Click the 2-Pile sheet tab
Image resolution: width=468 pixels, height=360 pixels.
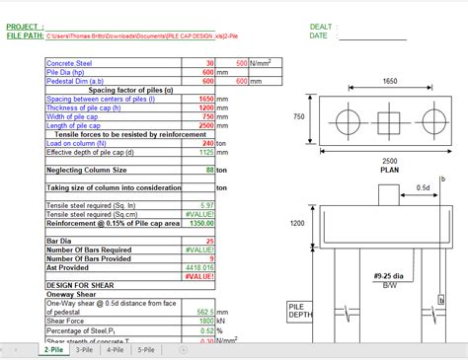coord(52,350)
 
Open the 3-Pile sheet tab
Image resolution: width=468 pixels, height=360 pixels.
coord(85,350)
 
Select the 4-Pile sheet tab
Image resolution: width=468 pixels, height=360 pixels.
coord(116,350)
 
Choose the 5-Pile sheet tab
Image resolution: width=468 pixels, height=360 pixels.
coord(146,350)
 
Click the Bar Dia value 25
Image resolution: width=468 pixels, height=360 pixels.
coord(208,240)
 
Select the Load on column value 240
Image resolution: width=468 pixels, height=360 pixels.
coord(207,143)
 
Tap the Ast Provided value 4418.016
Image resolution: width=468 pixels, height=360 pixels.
coord(200,266)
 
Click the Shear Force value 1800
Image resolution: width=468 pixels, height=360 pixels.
coord(204,321)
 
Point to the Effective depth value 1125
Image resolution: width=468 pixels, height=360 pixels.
coord(205,152)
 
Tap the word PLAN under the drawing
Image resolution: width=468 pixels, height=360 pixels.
coord(389,170)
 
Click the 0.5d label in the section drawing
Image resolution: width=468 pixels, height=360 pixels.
coord(423,187)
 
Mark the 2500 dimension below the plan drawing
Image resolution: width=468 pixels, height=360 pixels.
coord(389,161)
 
